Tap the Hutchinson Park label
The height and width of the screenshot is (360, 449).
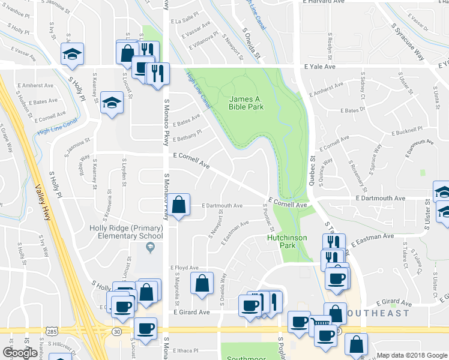[287, 241]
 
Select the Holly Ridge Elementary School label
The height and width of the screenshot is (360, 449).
[126, 232]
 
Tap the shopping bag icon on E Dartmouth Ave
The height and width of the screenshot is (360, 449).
[179, 205]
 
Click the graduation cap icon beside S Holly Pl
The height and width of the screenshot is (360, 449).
[72, 55]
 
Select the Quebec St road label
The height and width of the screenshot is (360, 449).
[313, 166]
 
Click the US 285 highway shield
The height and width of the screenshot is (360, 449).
[50, 331]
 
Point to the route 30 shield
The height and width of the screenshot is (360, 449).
[116, 331]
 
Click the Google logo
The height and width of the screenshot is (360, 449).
[20, 353]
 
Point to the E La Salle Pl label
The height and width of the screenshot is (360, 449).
[185, 20]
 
